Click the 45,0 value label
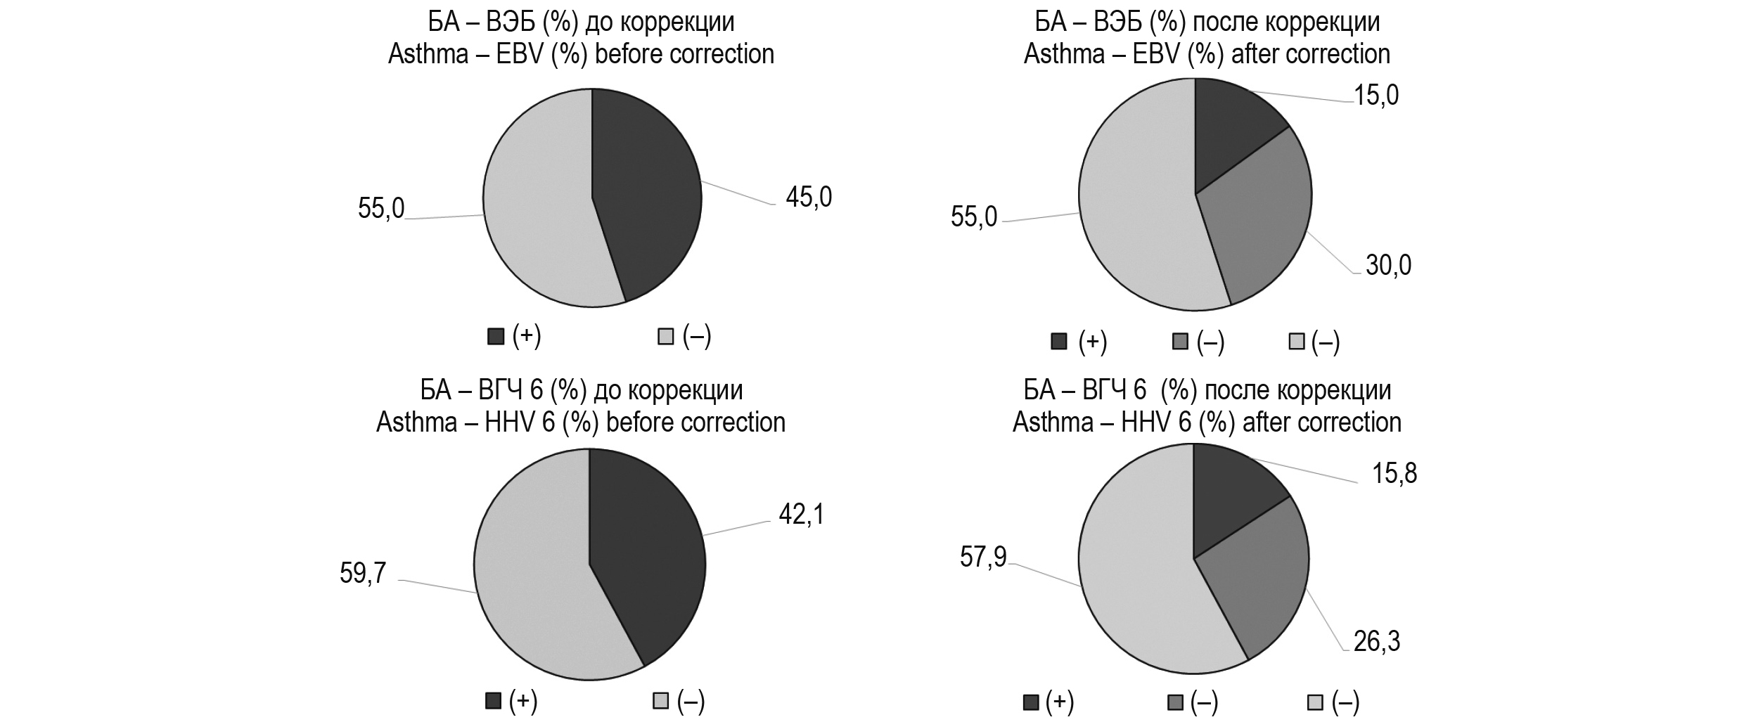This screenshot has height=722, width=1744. coord(808,198)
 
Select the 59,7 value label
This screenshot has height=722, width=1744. coord(363,574)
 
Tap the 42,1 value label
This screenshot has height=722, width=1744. coord(801,515)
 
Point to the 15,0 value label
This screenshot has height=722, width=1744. coord(1376,96)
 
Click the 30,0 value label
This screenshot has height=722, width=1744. coord(1388,266)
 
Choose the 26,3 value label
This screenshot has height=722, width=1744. coord(1377,642)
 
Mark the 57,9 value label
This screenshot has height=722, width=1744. coord(983,557)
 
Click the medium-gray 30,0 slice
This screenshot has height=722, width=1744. coord(1259,225)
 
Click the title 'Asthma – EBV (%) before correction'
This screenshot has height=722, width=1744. coord(581,54)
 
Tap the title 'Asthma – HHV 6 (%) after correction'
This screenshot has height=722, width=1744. coord(1207,423)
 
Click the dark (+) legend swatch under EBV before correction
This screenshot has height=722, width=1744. coord(496,337)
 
